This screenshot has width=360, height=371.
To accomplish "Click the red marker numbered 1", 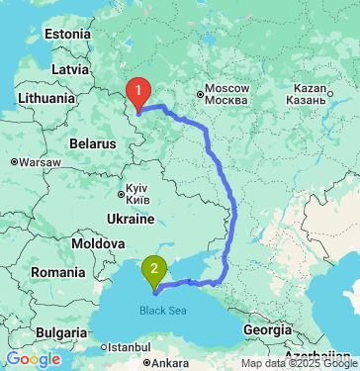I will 140,92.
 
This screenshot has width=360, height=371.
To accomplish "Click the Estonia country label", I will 67,35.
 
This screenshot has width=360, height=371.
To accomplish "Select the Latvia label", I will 70,70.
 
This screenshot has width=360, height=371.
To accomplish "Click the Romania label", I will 58,271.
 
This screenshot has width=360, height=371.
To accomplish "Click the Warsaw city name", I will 40,161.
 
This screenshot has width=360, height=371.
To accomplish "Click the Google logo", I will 34,358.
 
